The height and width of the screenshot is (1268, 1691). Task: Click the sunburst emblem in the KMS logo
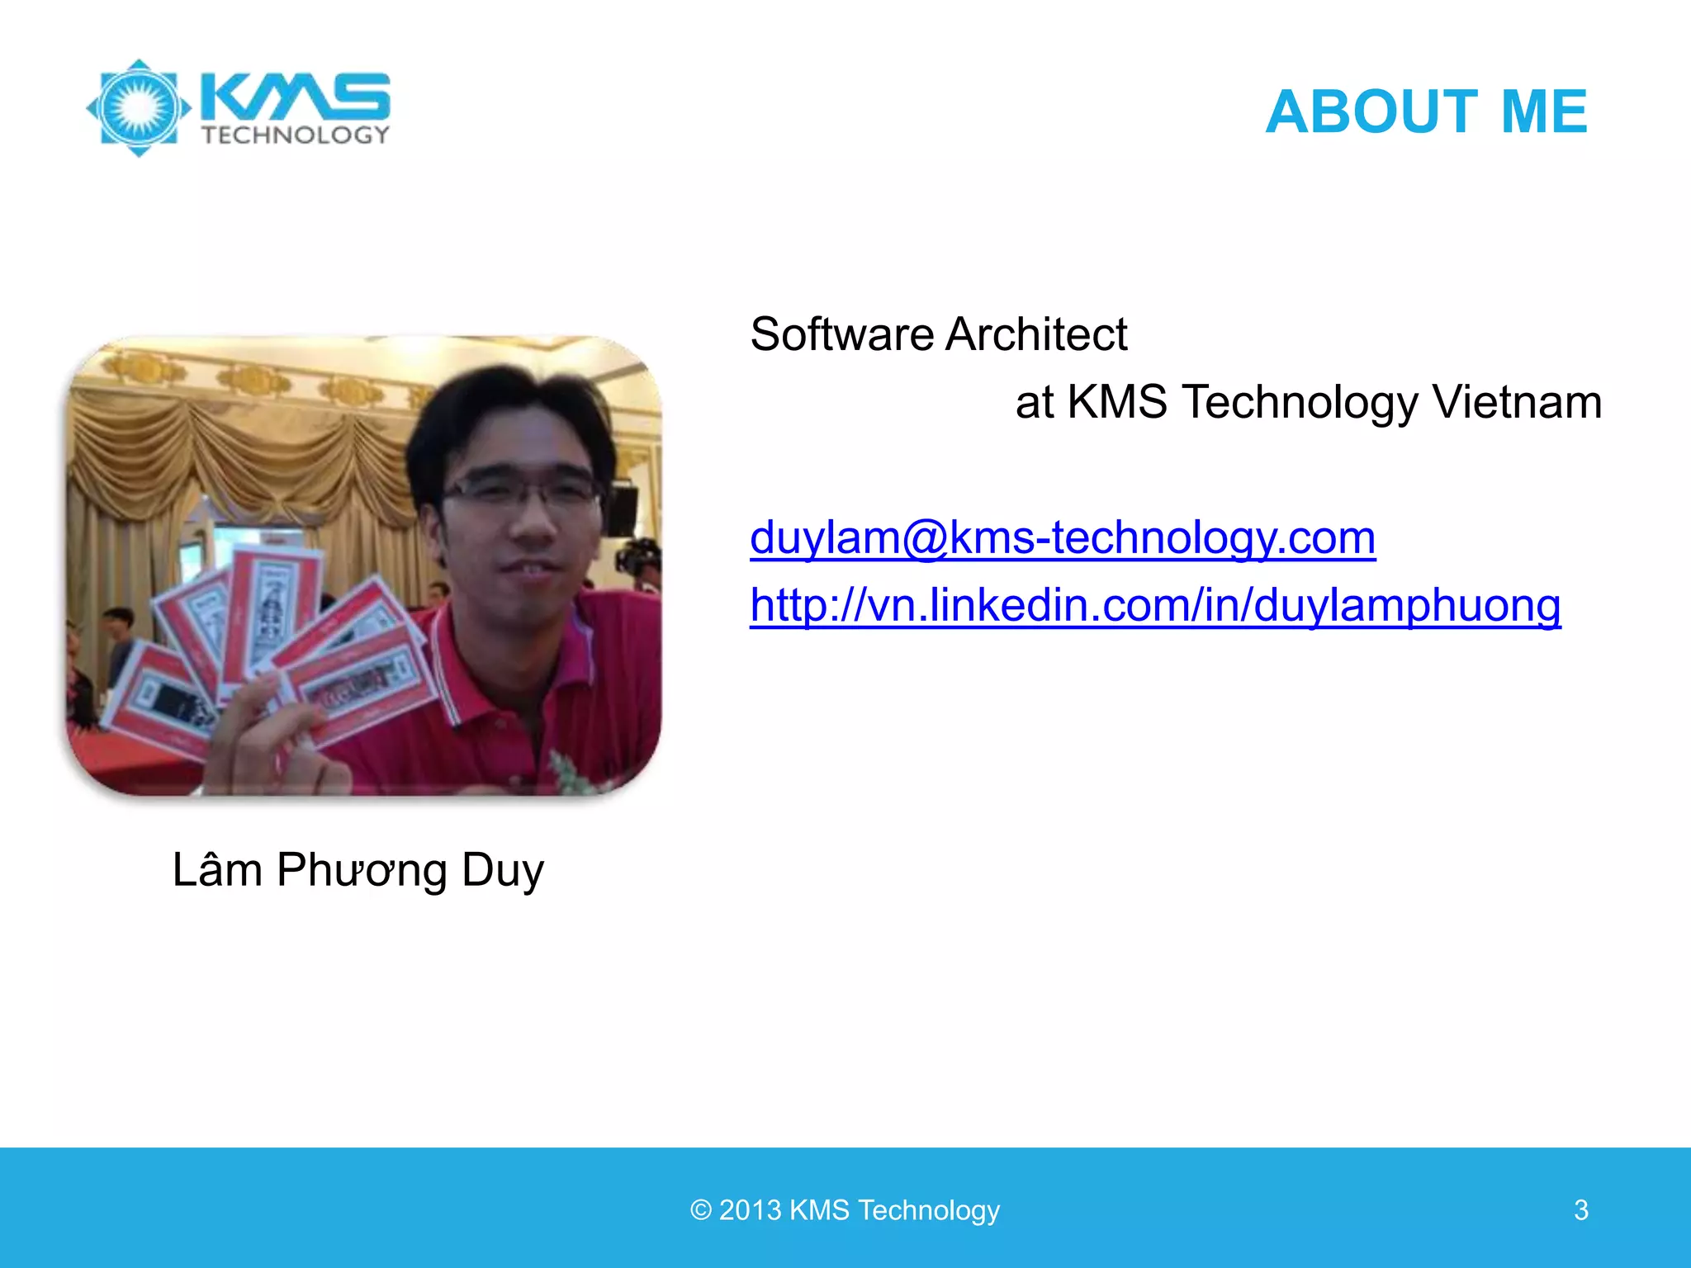139,108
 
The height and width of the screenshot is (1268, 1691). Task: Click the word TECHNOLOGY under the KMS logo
295,135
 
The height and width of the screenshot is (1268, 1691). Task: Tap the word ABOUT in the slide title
1371,111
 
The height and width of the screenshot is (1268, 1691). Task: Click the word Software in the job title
841,334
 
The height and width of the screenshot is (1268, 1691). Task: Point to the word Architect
1036,334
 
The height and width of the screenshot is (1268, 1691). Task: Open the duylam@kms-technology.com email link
1062,537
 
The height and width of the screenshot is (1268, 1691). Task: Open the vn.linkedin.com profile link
1154,605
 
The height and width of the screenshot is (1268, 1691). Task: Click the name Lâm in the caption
216,869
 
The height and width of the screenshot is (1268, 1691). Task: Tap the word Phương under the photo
362,871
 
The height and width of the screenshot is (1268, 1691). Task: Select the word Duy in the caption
502,871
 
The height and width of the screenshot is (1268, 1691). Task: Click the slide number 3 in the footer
1580,1210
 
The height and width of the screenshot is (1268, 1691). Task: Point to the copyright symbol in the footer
700,1210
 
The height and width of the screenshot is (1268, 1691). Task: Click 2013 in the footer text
750,1210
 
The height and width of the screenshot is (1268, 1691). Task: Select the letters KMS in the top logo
296,96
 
